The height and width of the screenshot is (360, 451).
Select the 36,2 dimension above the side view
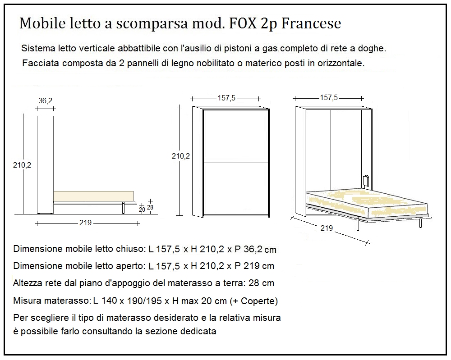(45, 101)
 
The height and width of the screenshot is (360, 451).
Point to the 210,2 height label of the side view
(22, 165)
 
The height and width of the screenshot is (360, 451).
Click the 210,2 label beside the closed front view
(181, 156)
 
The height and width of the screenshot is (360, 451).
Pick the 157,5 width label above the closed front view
(226, 98)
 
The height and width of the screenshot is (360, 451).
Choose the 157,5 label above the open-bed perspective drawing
(329, 97)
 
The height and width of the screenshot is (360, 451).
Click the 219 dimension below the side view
(86, 223)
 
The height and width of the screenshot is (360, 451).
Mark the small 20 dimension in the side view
(142, 209)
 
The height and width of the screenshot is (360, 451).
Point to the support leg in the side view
(123, 208)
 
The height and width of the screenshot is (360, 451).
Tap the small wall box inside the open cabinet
(366, 181)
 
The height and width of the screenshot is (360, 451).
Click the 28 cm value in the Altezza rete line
(263, 283)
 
